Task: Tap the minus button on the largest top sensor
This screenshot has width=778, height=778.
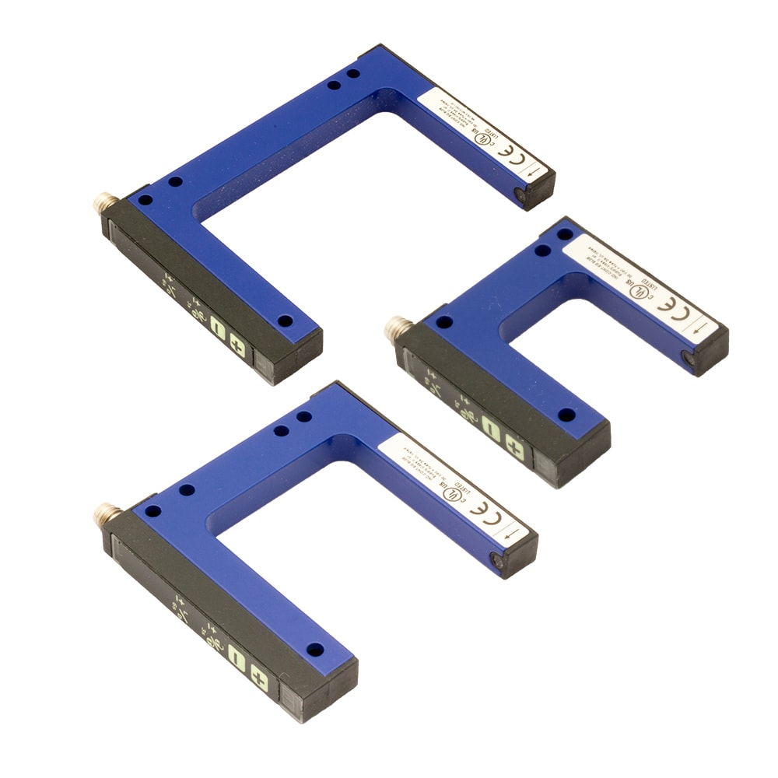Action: [x=218, y=335]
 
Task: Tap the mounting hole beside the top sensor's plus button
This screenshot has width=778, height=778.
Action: [x=285, y=320]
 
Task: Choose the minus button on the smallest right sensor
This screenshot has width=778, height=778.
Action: [x=490, y=428]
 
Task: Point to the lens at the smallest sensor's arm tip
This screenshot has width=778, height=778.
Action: [x=688, y=359]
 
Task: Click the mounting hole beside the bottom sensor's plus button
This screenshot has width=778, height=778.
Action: [x=315, y=648]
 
